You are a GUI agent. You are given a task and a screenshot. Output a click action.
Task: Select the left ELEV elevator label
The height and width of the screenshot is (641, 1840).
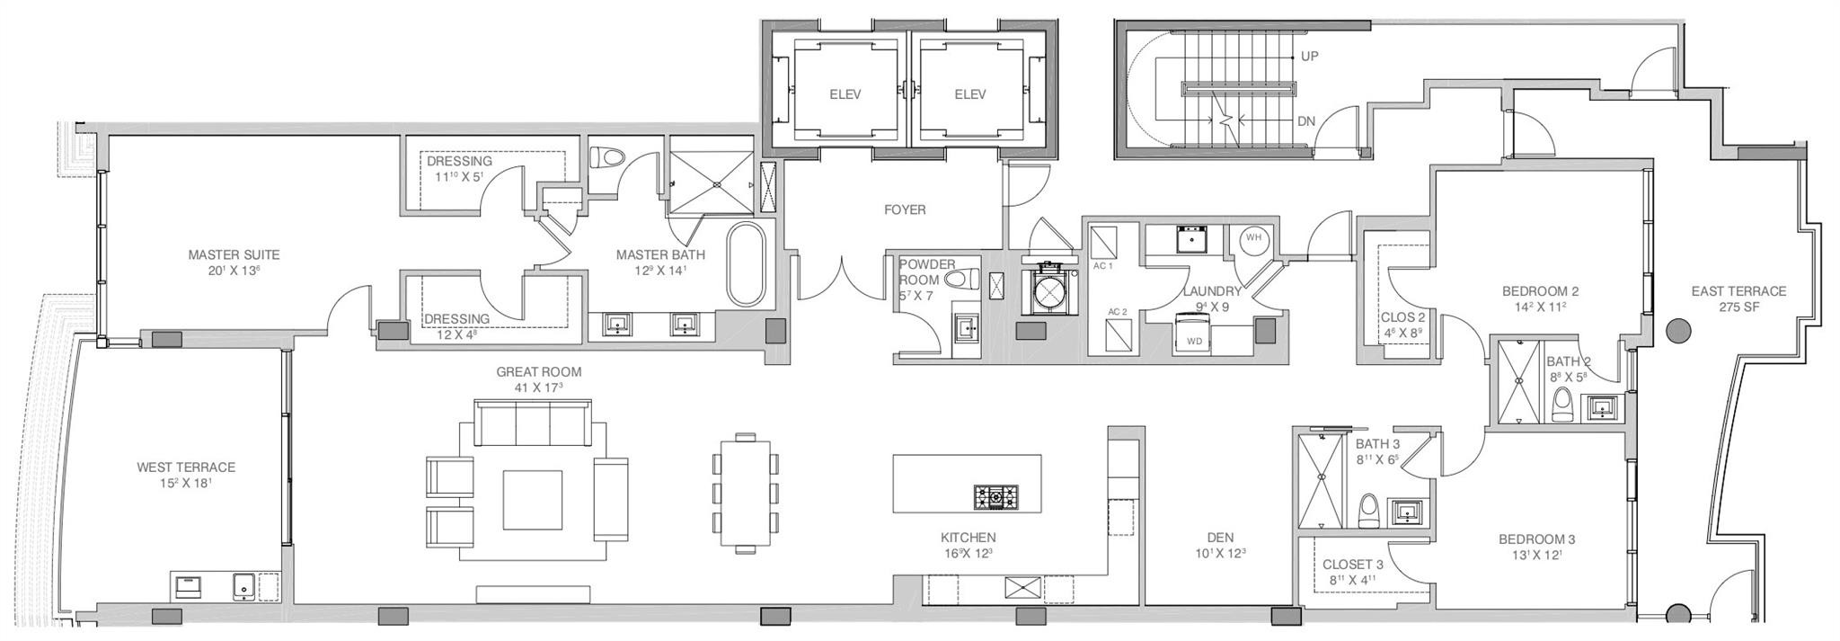pos(845,94)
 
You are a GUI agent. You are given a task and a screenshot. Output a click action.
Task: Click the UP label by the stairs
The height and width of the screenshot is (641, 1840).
pos(1310,56)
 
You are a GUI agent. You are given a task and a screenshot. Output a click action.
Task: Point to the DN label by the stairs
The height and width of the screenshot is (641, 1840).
pos(1307,120)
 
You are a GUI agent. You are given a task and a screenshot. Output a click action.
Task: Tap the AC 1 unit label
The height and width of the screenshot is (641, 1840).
pos(1103,266)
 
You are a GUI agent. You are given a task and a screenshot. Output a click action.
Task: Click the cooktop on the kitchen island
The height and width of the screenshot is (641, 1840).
pos(996,495)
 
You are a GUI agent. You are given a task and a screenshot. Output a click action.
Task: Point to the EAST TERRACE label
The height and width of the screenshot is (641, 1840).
pos(1738,291)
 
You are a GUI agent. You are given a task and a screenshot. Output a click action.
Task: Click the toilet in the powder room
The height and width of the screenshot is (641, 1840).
pos(962,279)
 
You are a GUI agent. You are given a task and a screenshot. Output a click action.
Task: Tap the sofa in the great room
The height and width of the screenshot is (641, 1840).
pos(532,423)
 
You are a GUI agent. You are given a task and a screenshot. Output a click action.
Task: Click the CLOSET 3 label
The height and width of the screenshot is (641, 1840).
pos(1352,565)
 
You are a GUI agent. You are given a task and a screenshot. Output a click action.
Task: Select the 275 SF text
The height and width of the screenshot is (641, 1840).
pos(1738,308)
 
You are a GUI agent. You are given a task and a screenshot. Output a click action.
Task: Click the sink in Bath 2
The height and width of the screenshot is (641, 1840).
pos(1602,409)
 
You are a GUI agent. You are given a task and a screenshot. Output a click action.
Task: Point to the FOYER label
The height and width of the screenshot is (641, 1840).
pos(905,209)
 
